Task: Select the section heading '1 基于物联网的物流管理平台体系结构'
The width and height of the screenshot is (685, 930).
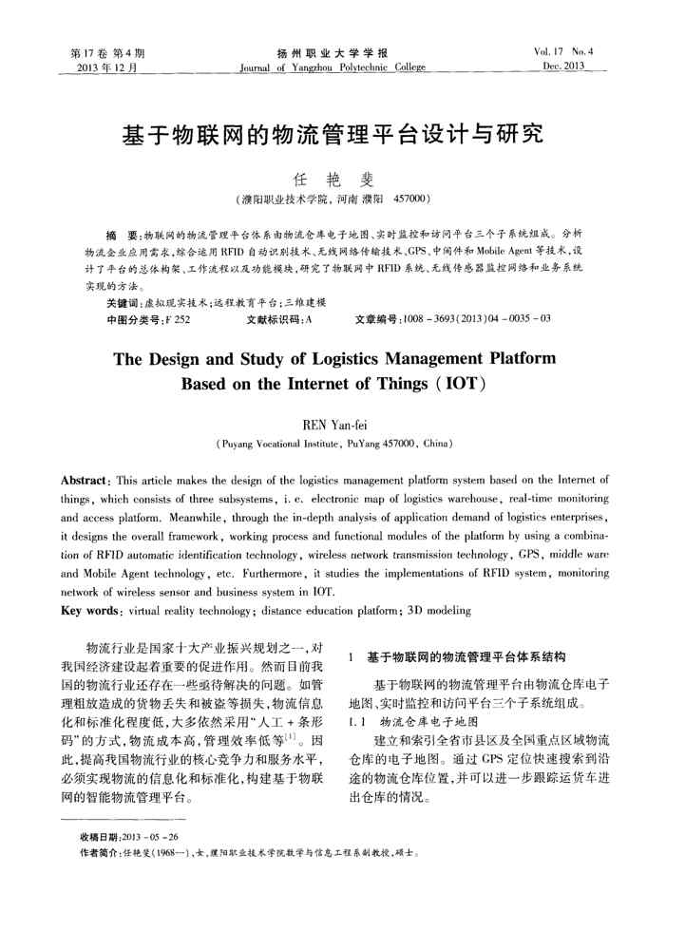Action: pyautogui.click(x=458, y=656)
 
